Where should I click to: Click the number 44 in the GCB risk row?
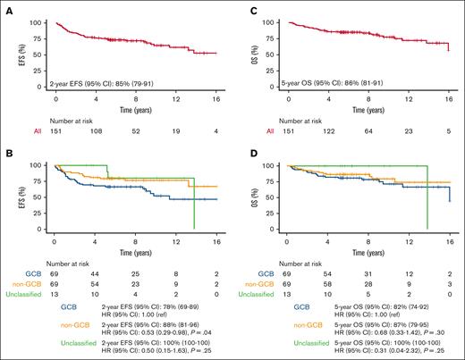[94, 272]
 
